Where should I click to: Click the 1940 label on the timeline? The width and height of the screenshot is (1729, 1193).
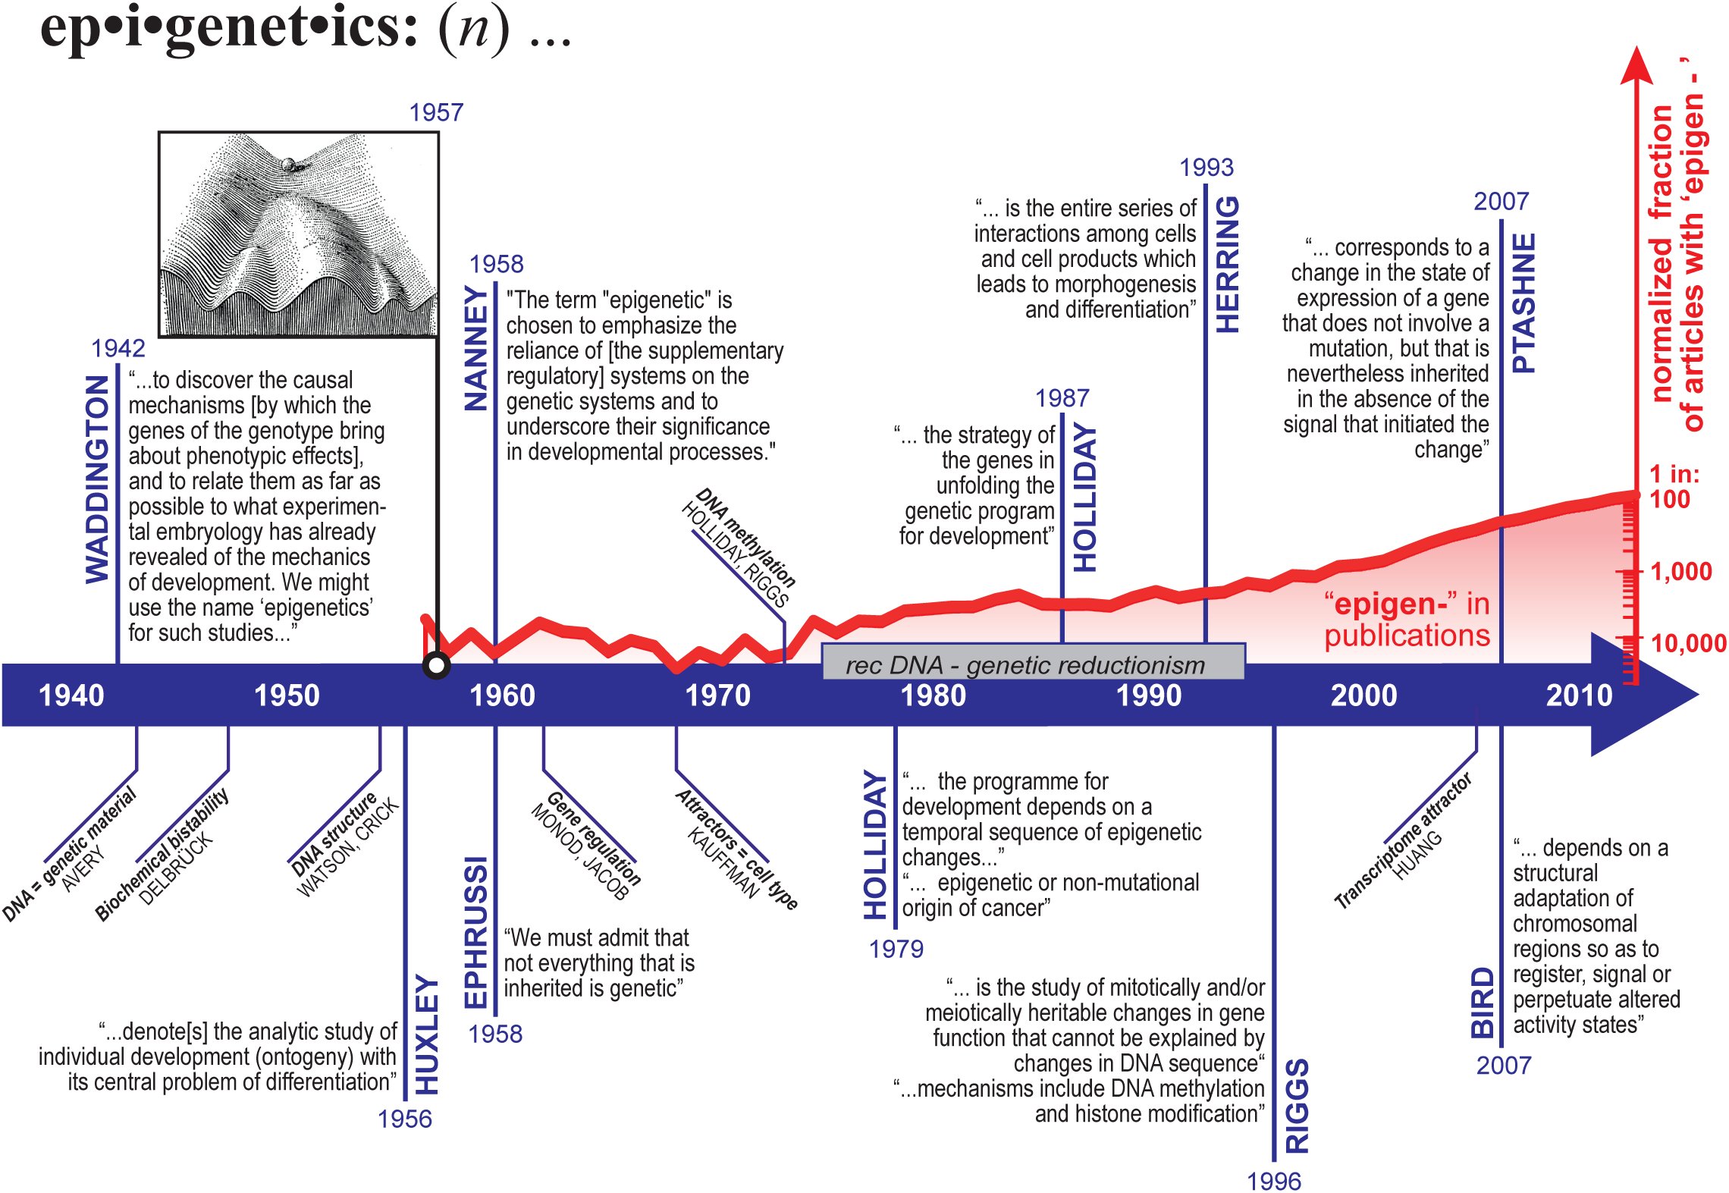point(71,695)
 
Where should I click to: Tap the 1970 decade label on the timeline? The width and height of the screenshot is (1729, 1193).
point(717,695)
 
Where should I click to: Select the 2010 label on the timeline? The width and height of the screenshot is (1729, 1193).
point(1579,695)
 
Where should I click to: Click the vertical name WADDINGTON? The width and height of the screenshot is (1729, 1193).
point(97,479)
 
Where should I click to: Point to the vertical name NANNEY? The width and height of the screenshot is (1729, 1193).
point(475,348)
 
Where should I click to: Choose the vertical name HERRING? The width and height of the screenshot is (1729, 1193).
point(1227,265)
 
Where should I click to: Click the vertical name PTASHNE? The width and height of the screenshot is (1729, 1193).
point(1523,303)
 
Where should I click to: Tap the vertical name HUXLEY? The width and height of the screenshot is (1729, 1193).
point(426,1034)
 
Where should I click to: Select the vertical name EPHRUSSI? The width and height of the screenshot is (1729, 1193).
point(475,933)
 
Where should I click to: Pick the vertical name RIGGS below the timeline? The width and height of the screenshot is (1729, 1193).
point(1297,1106)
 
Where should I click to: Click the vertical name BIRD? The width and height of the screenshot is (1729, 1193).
point(1483,1002)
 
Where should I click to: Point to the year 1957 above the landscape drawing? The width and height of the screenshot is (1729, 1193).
point(436,112)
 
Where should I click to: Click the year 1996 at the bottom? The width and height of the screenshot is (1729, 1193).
point(1274,1181)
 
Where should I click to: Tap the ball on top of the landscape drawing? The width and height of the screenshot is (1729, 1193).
point(289,164)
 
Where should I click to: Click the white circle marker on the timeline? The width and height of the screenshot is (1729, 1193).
point(436,666)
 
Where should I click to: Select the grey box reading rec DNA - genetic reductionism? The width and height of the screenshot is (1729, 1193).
point(1033,662)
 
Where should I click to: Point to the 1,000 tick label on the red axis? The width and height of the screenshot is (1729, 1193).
point(1680,571)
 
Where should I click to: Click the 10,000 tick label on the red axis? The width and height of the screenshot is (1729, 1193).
point(1689,643)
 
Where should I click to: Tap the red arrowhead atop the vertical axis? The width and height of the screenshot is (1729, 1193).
point(1636,64)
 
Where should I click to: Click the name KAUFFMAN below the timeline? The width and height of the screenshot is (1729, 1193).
point(723,863)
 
